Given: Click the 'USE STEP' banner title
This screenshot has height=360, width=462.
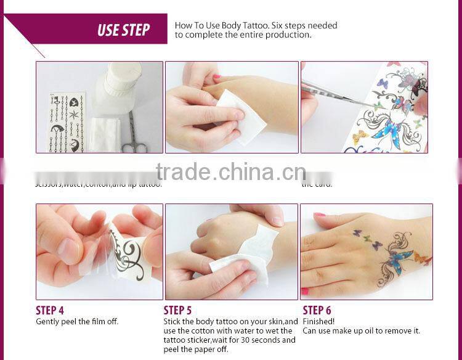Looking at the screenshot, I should (123, 30).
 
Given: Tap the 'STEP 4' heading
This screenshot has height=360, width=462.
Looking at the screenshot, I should (50, 310).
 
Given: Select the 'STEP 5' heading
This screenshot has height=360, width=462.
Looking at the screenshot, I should (177, 310).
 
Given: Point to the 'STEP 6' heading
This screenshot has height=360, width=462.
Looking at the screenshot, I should (317, 310).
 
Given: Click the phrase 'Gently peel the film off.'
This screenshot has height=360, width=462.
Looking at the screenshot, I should (77, 321).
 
